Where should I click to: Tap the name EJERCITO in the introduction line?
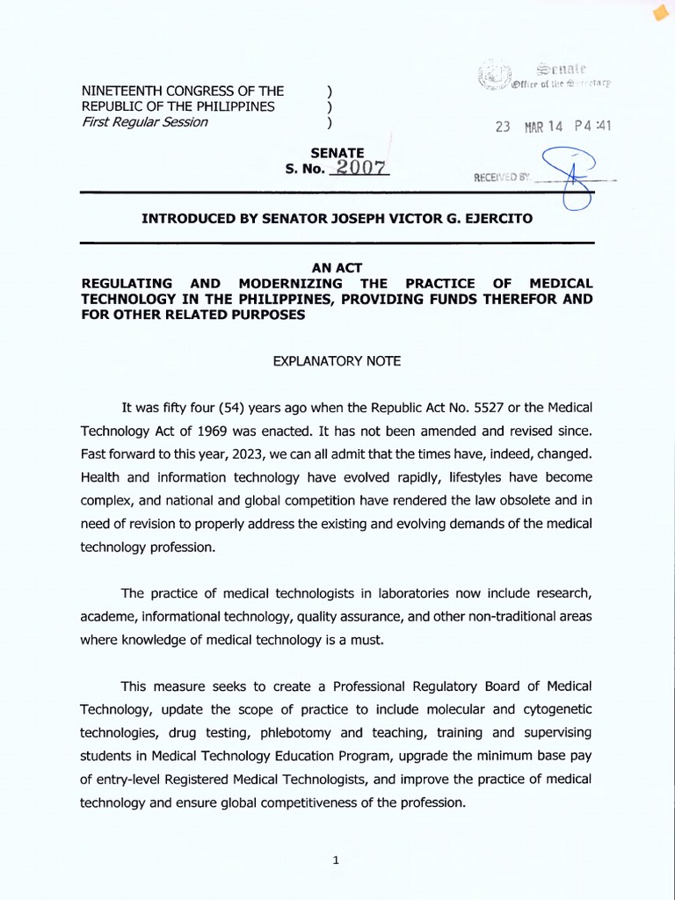[x=496, y=217]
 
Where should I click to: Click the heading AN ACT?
[x=337, y=268]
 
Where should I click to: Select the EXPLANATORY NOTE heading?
[x=337, y=360]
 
